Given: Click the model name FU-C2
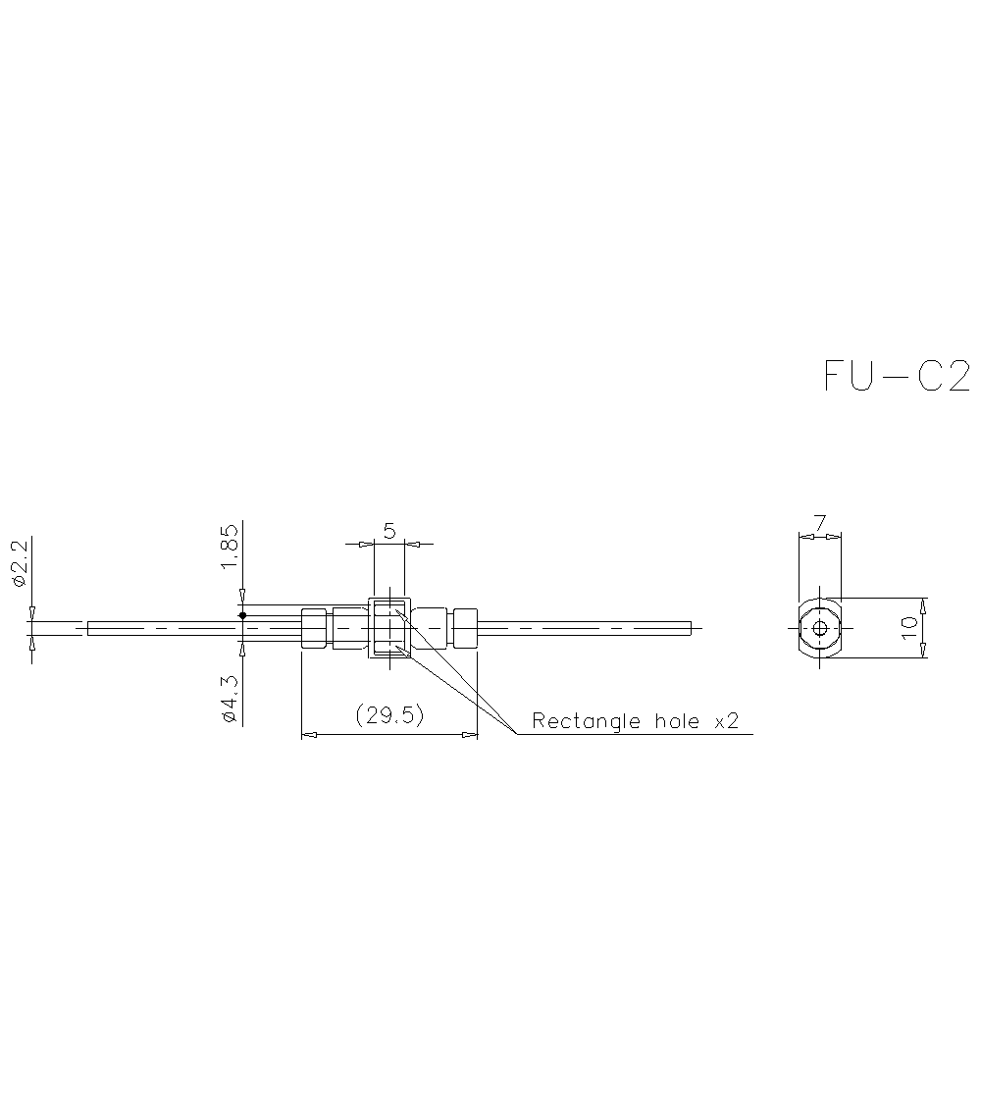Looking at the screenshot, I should click(x=897, y=376).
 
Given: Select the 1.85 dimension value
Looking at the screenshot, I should click(x=229, y=546).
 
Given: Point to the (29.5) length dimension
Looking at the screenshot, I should click(x=389, y=716).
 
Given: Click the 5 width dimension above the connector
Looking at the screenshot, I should click(x=389, y=531).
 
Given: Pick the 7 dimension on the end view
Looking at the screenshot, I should click(x=819, y=521).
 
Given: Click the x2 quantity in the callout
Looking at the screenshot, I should click(x=726, y=722).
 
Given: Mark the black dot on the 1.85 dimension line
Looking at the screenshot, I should click(x=242, y=615).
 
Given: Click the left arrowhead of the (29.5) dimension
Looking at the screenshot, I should click(x=306, y=733).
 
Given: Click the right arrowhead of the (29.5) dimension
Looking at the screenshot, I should click(x=472, y=733).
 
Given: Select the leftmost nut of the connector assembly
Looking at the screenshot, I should click(x=313, y=628).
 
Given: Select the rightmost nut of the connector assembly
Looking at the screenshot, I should click(x=464, y=628).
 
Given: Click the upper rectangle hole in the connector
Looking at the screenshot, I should click(x=388, y=608).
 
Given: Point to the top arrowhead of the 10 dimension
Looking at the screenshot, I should click(x=925, y=603).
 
